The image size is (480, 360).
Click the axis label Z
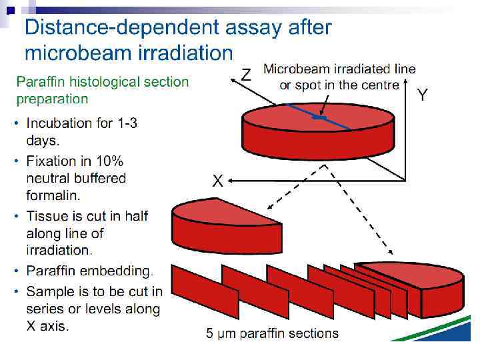click(x=246, y=75)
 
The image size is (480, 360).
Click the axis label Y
click(x=423, y=95)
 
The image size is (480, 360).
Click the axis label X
click(x=217, y=180)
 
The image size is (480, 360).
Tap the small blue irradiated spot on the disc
click(x=320, y=118)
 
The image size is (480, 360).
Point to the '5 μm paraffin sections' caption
click(x=272, y=333)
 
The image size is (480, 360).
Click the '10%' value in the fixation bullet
click(x=111, y=161)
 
